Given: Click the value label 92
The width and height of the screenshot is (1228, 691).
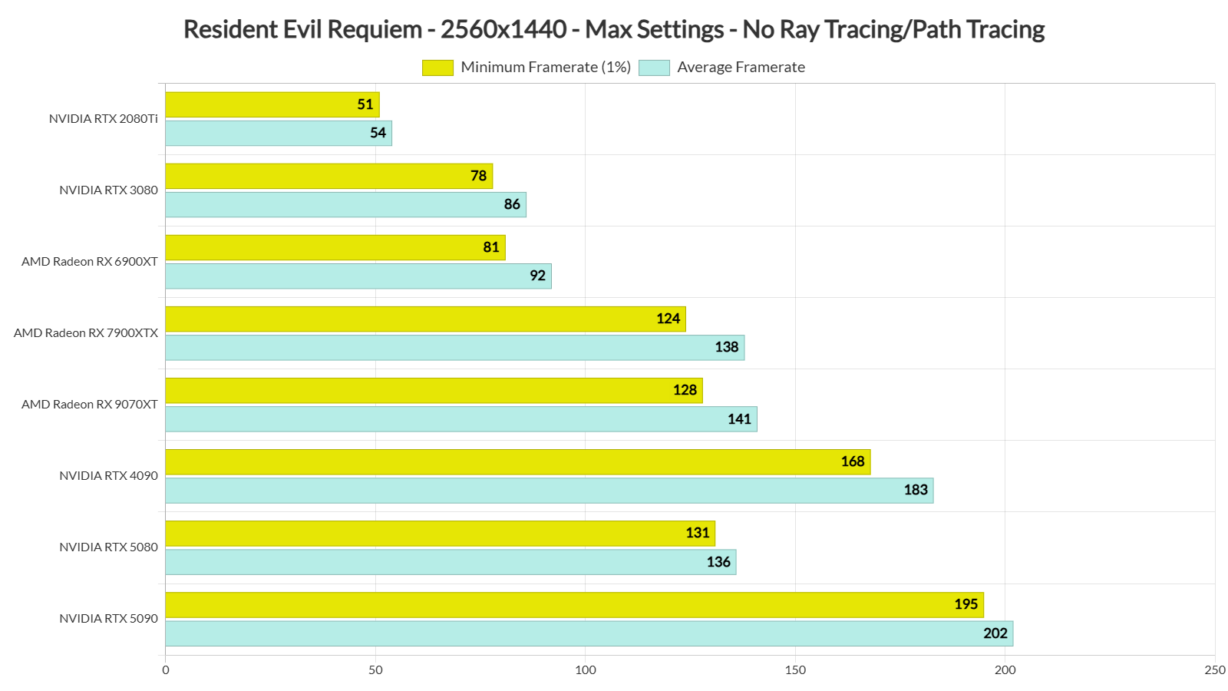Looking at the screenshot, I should click(537, 276).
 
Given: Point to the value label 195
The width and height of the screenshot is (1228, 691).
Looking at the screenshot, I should click(966, 604).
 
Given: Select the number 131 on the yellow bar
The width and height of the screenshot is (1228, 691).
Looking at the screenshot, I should click(697, 533).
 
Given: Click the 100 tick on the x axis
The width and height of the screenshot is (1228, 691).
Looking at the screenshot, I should click(585, 670).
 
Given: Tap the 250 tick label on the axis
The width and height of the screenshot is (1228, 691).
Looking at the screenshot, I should click(1214, 670).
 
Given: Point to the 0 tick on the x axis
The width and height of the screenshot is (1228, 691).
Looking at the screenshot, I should click(166, 670).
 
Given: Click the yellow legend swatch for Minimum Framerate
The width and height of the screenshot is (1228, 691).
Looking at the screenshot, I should click(437, 68).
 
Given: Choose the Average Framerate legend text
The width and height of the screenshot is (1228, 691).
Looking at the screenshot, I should click(741, 68).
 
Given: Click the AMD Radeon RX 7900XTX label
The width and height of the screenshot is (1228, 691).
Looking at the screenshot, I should click(86, 332).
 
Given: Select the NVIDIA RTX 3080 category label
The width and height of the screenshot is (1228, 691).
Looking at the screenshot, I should click(108, 190).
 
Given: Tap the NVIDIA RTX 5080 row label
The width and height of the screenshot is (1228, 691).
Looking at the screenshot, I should click(108, 547).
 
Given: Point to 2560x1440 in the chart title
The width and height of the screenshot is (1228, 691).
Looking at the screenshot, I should click(503, 29).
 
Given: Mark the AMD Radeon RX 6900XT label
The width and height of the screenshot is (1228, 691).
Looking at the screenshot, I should click(90, 261).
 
